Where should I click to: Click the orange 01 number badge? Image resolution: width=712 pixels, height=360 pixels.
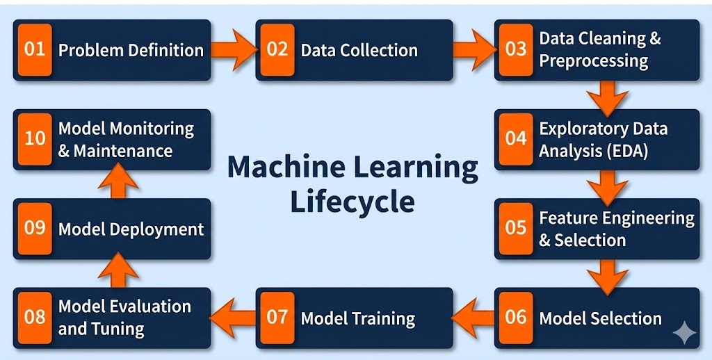coord(35,49)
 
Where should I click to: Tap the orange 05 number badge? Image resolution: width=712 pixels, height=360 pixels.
coord(516,229)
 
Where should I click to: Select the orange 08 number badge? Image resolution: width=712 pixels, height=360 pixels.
coord(35,317)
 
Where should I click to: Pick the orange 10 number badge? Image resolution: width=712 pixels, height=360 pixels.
coord(35,138)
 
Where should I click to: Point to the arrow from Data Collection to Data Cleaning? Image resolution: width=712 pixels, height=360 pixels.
coord(474,49)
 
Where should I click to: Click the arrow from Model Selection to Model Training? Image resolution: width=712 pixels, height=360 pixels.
coord(474,318)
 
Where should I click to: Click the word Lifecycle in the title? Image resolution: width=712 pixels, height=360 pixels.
coord(353,201)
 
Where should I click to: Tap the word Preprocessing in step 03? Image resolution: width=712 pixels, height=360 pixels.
coord(593,60)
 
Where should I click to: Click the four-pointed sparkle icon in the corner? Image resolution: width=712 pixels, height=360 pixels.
coord(684,334)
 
